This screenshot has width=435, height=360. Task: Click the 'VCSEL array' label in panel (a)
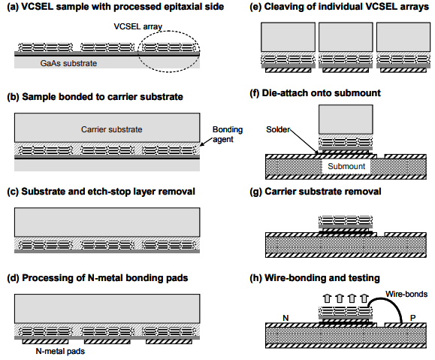coord(138,26)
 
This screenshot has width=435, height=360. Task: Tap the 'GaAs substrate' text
coord(68,63)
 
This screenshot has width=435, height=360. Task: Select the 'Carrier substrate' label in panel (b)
coord(111,129)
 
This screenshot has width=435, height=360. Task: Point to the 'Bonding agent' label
coord(228,135)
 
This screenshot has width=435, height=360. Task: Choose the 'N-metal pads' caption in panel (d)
coord(60,351)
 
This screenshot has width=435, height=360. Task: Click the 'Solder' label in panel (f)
coord(278,129)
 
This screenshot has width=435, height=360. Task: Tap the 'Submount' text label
coord(346,166)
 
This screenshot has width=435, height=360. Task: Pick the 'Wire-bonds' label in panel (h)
coord(406,294)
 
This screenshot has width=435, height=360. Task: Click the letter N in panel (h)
coord(285,318)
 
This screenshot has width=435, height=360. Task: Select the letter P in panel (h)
coord(412,318)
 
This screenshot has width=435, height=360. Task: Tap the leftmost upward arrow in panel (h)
coord(328,298)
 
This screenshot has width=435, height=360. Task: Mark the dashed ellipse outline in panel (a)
coord(169,31)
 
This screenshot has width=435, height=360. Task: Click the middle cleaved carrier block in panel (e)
coord(346,37)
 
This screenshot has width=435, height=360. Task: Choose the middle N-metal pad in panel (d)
coord(107,342)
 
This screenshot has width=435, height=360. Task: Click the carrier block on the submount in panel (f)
coord(346,119)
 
